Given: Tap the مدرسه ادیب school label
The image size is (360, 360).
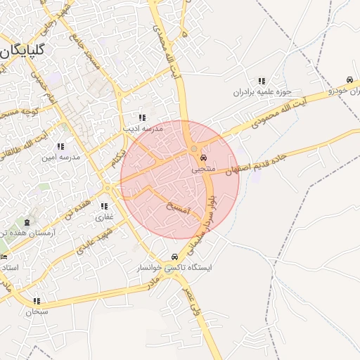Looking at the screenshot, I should click(x=143, y=129).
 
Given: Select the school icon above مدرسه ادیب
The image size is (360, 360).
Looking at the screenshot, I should click(x=142, y=117).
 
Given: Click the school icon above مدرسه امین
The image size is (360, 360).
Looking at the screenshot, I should click(x=60, y=146).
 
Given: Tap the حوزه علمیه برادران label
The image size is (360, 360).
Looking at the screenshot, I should click(x=262, y=92).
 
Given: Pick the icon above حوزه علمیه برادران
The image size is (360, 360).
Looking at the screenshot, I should click(x=262, y=81).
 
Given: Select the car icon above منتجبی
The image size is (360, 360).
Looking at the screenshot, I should click(x=204, y=158).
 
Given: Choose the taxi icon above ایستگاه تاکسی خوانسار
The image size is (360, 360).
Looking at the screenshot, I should click(x=174, y=257).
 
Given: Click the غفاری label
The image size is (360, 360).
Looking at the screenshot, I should click(x=104, y=217).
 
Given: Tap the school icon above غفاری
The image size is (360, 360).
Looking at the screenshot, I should click(x=104, y=207).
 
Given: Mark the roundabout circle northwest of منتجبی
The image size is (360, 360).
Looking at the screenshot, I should click(x=193, y=149).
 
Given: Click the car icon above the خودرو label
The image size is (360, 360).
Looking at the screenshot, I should click(x=349, y=79).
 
